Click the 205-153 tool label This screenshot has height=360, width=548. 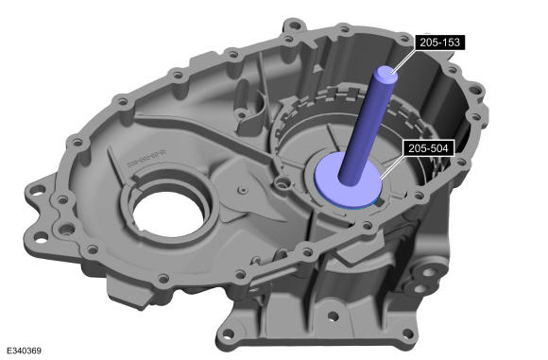[x=439, y=43]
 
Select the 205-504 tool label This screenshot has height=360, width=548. [x=428, y=148]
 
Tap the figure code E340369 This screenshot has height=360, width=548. [x=25, y=351]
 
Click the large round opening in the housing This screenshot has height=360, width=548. [x=168, y=213]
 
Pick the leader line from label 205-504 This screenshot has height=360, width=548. [x=391, y=167]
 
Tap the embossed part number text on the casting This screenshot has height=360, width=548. [x=146, y=159]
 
